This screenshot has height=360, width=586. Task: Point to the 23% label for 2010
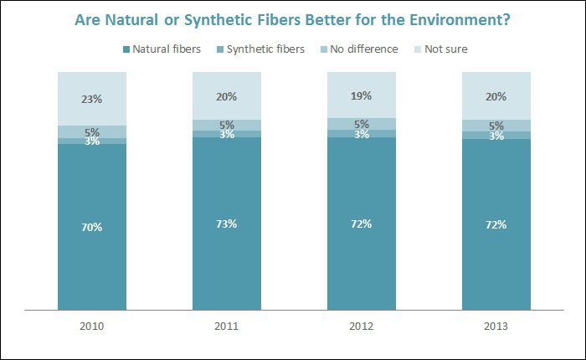pos(92,99)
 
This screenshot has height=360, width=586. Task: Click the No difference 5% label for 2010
pos(92,131)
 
